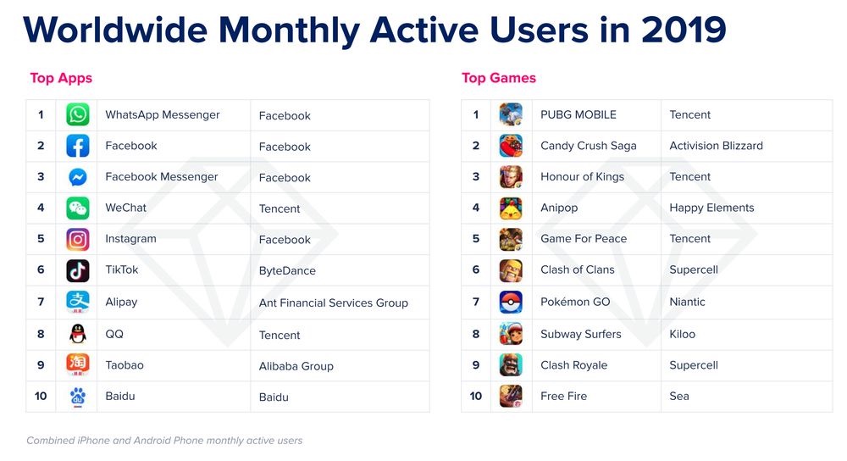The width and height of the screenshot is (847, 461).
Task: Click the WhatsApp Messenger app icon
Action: (78, 115)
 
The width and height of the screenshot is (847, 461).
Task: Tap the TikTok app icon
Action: (78, 270)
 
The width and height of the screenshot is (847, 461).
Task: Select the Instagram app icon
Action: (78, 239)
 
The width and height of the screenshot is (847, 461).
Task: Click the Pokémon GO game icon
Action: (511, 302)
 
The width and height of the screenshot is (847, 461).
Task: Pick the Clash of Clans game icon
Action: (511, 270)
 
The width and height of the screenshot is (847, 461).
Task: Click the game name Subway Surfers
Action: (580, 334)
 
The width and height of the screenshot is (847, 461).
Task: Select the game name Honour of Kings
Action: (582, 177)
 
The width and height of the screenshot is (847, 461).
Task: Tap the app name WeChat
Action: (125, 208)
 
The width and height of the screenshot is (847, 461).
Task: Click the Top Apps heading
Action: (61, 78)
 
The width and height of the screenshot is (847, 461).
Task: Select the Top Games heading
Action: (498, 78)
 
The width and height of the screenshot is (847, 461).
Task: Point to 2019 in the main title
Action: (683, 31)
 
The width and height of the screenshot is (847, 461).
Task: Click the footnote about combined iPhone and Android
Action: (164, 441)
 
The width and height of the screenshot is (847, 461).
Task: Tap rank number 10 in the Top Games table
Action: (475, 396)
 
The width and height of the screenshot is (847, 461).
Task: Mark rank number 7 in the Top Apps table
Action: (41, 302)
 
